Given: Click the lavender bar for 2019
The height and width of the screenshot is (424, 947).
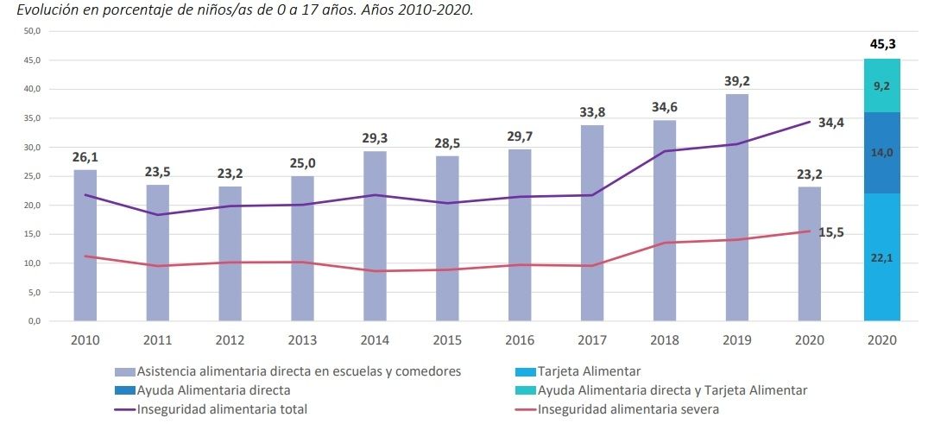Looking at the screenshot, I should tap(736, 207).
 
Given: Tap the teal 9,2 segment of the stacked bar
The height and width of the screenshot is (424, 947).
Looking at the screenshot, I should tap(881, 85).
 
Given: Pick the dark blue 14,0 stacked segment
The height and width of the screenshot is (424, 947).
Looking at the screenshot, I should tap(881, 153).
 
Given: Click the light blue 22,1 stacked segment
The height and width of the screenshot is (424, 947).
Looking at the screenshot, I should tap(881, 256).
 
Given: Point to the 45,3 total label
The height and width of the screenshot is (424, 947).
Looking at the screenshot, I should tap(881, 43).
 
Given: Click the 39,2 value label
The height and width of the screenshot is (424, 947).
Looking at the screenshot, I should tap(736, 81).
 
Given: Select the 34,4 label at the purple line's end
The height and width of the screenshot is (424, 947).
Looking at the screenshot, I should tap(830, 123).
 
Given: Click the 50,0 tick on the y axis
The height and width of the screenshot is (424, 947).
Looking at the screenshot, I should tap(32, 31).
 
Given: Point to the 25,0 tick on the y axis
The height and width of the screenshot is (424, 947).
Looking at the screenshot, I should tap(32, 176).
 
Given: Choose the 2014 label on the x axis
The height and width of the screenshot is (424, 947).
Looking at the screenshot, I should tap(375, 340).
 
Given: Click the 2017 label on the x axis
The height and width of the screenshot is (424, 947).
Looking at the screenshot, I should tap(592, 340).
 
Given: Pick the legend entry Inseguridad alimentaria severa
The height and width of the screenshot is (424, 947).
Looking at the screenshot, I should tap(628, 409).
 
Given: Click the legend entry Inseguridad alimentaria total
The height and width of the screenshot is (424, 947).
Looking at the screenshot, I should tap(222, 409).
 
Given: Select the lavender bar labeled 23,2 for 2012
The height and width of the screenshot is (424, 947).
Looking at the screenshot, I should tap(230, 253).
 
